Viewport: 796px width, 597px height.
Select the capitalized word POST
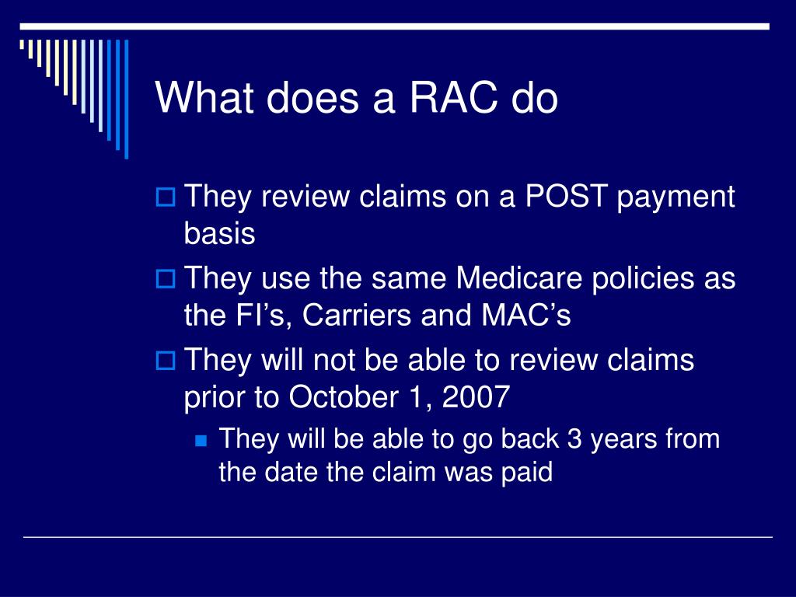(x=567, y=197)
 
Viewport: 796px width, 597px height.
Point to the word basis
(x=219, y=234)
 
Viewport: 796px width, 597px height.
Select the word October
(x=342, y=397)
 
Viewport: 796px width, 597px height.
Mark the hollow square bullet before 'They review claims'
(x=165, y=197)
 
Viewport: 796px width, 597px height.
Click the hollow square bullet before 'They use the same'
(x=165, y=278)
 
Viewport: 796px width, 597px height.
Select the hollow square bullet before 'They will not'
(x=165, y=361)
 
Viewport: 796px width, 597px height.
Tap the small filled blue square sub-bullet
(x=201, y=440)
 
